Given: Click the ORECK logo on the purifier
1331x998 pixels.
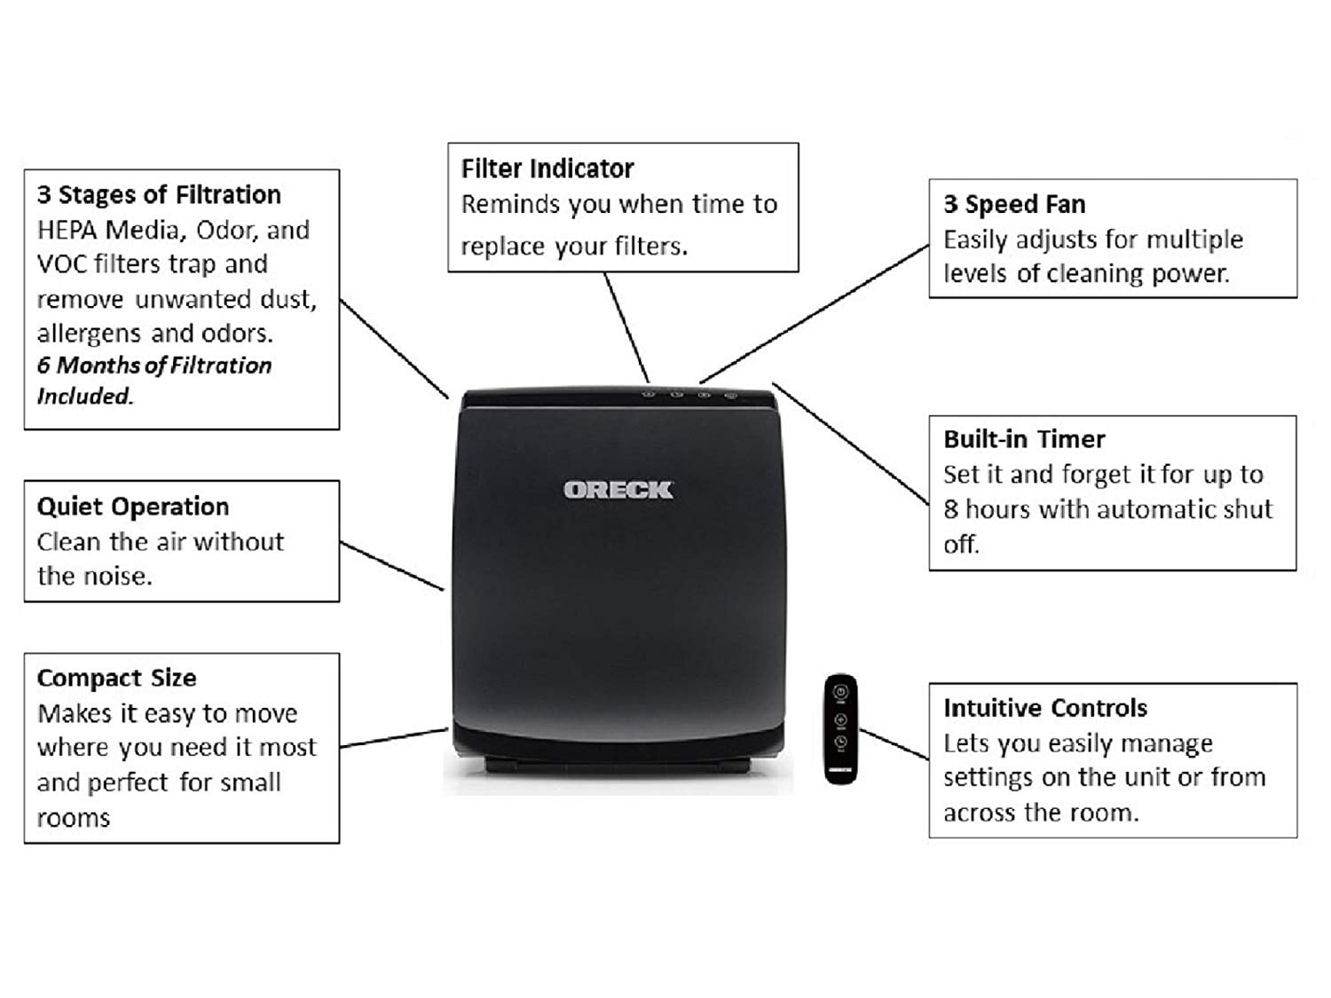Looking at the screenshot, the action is pos(618,490).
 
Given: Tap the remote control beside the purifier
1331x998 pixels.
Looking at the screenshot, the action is pos(840,728).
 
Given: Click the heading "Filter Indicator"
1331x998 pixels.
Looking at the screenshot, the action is pos(547,169).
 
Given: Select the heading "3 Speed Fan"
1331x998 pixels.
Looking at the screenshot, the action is pos(1014,204).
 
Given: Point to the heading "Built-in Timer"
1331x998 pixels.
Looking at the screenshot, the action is pos(1024,439).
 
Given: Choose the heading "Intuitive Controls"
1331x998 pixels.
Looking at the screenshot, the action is pos(1045,707).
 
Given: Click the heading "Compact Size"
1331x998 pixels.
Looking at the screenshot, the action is pos(116,678).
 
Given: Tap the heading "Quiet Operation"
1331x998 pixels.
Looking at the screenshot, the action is pos(133,507).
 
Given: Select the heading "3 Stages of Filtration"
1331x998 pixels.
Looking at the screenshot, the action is pos(159,194).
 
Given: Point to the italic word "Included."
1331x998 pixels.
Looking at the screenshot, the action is pos(85,396).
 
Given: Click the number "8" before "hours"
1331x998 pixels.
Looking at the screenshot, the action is pos(950,509).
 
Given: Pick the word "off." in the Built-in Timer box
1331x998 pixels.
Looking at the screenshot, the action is pos(961,544).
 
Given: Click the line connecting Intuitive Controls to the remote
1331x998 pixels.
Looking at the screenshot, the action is pos(894,744).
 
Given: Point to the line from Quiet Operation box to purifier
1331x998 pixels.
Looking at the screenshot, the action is pos(391,566).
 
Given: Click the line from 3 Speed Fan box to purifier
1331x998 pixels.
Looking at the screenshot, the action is pos(815,314).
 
